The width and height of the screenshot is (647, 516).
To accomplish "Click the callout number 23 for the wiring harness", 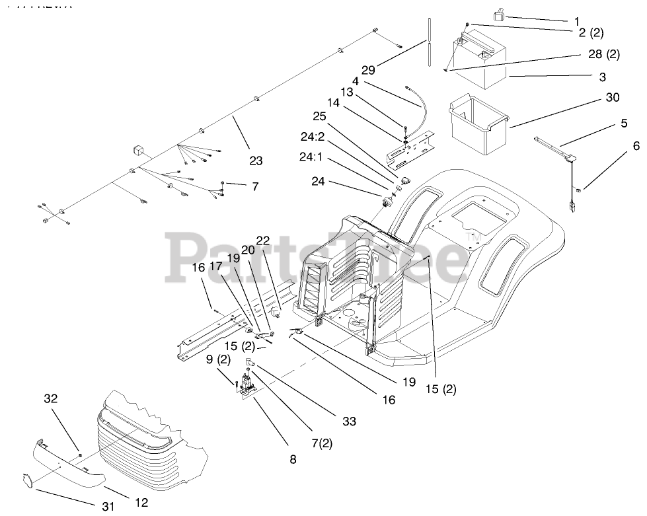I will click(x=256, y=160).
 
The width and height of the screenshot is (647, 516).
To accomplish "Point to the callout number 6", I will click(x=617, y=145).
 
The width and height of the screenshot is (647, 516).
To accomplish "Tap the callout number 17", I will click(x=217, y=267).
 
